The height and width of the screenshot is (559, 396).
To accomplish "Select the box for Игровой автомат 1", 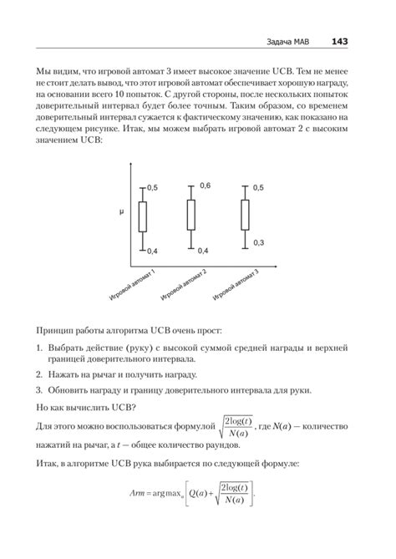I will (143, 217).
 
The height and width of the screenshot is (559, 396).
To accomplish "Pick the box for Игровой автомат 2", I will (192, 214).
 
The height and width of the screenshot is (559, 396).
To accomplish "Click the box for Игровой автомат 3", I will (245, 214).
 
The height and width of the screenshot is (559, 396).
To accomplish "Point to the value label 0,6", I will (205, 185).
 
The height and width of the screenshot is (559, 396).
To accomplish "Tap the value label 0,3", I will (258, 242).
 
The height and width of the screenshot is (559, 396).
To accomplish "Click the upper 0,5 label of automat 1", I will (152, 188).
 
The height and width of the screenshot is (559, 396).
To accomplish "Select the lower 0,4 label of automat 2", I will (203, 251).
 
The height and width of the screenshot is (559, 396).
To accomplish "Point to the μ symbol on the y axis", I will (121, 214).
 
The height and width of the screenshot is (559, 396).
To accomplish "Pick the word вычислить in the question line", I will (87, 409).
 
